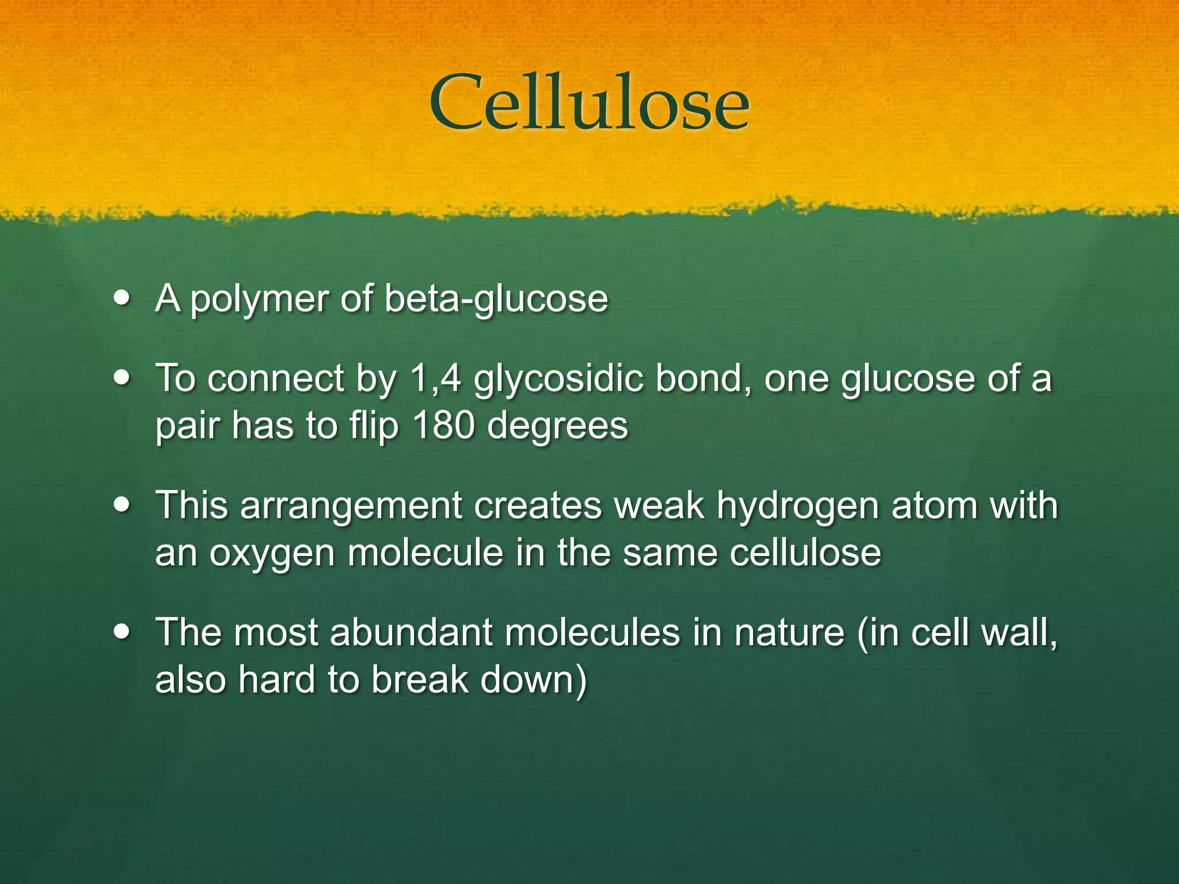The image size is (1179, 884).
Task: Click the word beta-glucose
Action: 496,299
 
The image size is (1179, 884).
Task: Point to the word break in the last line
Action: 420,680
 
